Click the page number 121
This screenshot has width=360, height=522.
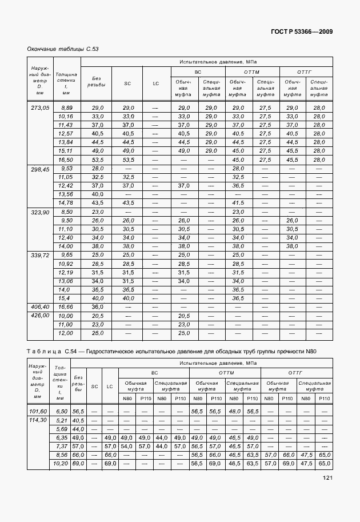(x=326, y=478)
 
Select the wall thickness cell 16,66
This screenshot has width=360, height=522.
(x=67, y=307)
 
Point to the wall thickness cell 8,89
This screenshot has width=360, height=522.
(x=67, y=108)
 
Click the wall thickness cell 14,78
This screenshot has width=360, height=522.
(x=67, y=203)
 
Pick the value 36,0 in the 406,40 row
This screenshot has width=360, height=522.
(x=97, y=307)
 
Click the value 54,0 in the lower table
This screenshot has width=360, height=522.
(x=126, y=446)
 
